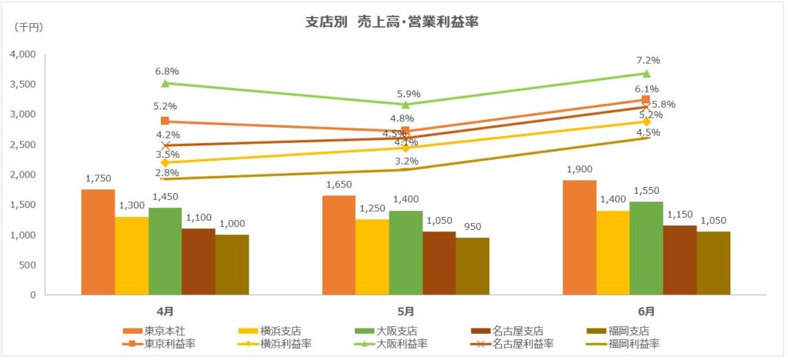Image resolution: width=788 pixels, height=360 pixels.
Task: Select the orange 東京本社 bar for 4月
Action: (98, 242)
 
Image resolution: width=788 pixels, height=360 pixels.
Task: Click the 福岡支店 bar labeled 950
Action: (472, 266)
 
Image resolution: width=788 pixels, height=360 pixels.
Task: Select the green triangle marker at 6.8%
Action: (165, 83)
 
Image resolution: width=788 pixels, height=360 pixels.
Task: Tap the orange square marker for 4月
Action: (165, 121)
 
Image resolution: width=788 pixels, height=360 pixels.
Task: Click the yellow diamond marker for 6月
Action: (646, 122)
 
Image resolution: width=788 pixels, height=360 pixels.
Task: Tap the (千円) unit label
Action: (29, 28)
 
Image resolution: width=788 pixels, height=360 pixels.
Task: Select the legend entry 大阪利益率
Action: (400, 344)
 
